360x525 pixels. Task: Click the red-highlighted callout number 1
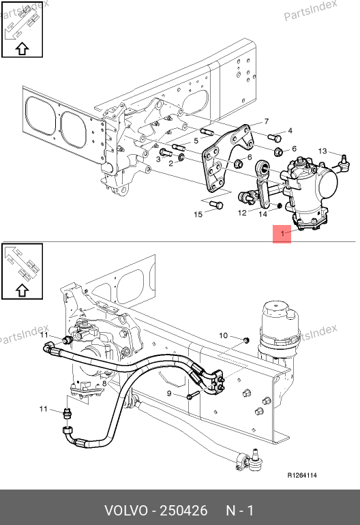[282, 233]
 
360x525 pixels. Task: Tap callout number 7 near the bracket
[266, 121]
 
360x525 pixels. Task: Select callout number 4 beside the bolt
[290, 131]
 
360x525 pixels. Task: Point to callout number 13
[322, 151]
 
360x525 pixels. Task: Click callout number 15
[198, 214]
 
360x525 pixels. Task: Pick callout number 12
[242, 213]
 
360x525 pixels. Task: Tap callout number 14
[263, 213]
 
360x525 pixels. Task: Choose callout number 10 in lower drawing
[224, 335]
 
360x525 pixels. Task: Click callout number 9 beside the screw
[169, 393]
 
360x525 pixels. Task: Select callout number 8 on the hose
[104, 383]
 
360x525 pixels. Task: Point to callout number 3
[158, 160]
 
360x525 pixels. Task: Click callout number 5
[196, 140]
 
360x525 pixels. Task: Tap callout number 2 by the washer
[170, 164]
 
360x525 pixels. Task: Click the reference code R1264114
[303, 475]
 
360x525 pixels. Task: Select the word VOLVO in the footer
[125, 511]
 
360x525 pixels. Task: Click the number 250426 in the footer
[183, 511]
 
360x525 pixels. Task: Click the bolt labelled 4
[274, 137]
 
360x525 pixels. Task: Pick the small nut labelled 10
[246, 341]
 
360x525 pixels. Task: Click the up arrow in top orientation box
[22, 49]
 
